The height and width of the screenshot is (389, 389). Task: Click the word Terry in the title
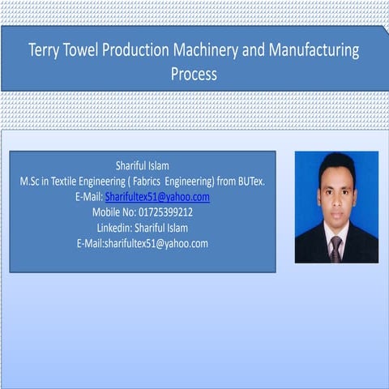click(46, 50)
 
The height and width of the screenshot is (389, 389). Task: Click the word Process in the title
click(194, 75)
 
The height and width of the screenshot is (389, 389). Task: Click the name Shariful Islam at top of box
click(143, 166)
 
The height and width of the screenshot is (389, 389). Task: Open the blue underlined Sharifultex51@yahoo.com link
click(157, 197)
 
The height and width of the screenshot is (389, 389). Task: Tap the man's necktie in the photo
click(336, 247)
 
